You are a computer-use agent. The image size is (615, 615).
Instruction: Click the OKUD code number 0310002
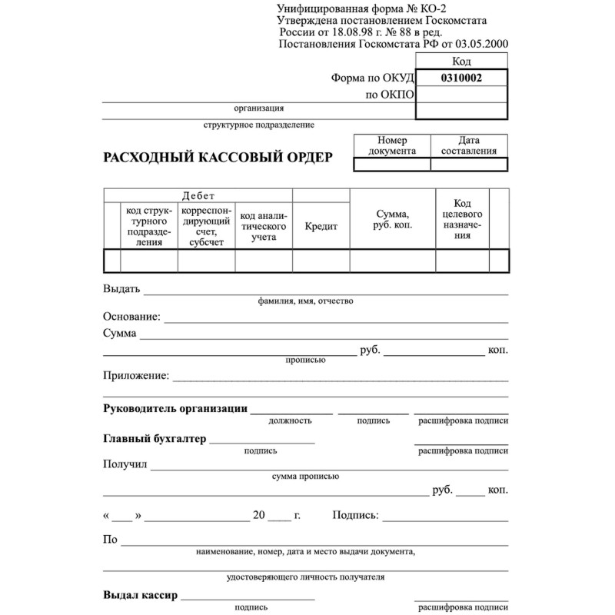[461, 78]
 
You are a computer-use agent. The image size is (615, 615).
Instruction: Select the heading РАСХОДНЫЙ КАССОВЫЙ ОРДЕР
[218, 158]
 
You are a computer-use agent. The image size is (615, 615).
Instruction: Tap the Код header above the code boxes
[462, 61]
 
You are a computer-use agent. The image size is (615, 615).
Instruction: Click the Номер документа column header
[392, 146]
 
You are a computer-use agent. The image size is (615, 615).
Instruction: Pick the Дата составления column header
[469, 146]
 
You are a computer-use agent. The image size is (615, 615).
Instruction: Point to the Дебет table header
[198, 195]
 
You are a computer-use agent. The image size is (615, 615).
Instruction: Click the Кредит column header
[321, 227]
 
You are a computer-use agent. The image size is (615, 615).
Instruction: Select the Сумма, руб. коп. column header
[392, 220]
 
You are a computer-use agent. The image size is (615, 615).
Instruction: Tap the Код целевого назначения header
[462, 219]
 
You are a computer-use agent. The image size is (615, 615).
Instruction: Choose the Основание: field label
[131, 316]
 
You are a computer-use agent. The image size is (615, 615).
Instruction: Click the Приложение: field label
[136, 375]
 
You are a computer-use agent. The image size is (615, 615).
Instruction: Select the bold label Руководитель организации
[175, 408]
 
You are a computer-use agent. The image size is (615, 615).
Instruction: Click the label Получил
[125, 464]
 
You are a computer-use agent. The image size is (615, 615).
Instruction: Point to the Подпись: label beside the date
[355, 515]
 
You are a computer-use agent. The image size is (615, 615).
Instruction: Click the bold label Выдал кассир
[140, 595]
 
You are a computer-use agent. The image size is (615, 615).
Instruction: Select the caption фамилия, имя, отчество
[306, 301]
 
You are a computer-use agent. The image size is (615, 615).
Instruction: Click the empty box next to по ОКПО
[461, 95]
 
